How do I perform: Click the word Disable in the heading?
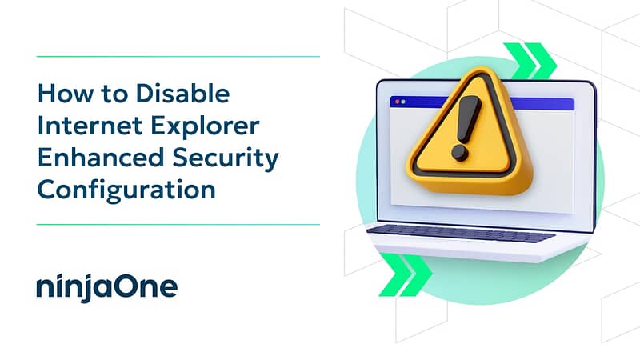coord(182,93)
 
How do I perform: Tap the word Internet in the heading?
coord(90,126)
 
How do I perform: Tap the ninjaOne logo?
coord(107,287)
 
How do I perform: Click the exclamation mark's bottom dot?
coord(460,153)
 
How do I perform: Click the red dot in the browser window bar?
coord(397,102)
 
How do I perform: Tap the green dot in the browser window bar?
coord(403,102)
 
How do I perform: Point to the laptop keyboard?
coord(462,234)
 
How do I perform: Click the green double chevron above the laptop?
coord(530,61)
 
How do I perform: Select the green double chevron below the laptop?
coord(405,274)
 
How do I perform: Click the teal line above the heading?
coord(178,57)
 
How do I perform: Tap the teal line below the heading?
coord(178,225)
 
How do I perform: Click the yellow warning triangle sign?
coord(470,134)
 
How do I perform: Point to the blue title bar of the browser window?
coord(482,103)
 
